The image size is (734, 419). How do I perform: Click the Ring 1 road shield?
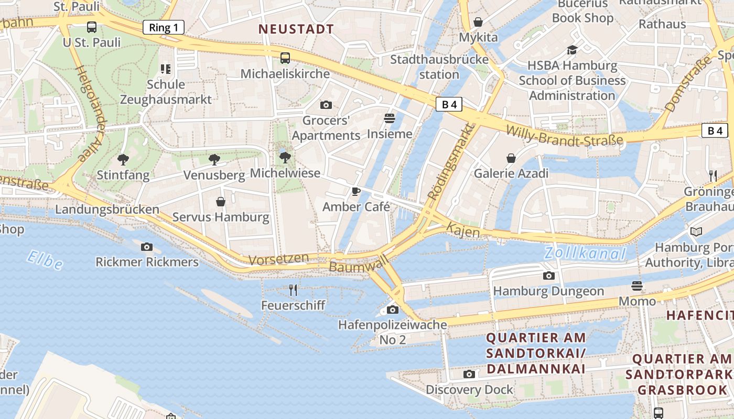(x=164, y=27)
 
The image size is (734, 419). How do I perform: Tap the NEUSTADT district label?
(x=296, y=29)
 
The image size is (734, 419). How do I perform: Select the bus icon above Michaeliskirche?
(x=285, y=58)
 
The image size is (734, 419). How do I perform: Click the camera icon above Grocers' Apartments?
(x=326, y=105)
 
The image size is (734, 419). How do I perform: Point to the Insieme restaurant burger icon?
(x=389, y=118)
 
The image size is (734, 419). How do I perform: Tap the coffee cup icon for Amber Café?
(x=356, y=191)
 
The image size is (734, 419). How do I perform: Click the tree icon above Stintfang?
(x=123, y=159)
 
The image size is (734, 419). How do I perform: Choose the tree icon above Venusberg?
(x=214, y=159)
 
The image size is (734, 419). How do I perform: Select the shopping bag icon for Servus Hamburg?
(x=221, y=201)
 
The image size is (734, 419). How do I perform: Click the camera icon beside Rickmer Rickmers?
(x=147, y=247)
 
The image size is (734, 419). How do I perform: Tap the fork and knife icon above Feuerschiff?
(x=293, y=290)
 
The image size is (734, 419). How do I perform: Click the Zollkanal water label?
(x=585, y=253)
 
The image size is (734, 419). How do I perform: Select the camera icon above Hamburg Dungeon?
(x=548, y=275)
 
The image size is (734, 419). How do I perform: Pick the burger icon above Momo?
(x=637, y=285)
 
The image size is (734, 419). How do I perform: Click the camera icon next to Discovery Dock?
(x=469, y=374)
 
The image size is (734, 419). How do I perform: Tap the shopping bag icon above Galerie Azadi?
(x=511, y=158)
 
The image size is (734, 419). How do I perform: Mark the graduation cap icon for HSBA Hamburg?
(x=572, y=50)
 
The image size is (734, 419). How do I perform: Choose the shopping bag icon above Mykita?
(x=478, y=22)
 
